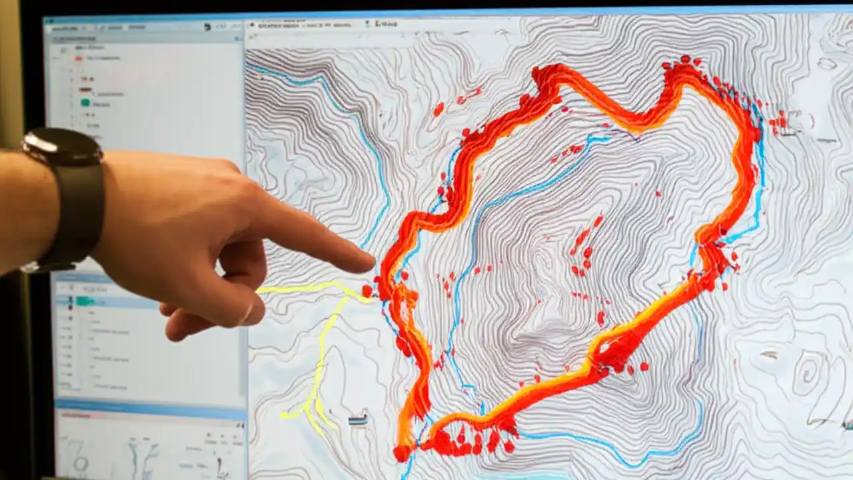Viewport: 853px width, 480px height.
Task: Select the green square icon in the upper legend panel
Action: pyautogui.click(x=85, y=103)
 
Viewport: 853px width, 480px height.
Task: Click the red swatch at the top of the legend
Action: pyautogui.click(x=79, y=58)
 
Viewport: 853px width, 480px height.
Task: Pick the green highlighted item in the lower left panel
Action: pyautogui.click(x=84, y=301)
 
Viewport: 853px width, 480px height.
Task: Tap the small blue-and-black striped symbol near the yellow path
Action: pyautogui.click(x=358, y=419)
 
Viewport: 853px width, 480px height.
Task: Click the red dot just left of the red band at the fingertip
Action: pyautogui.click(x=367, y=291)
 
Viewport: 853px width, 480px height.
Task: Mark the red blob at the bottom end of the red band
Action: pyautogui.click(x=402, y=453)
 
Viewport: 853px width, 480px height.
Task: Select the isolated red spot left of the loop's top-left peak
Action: pyautogui.click(x=438, y=109)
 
